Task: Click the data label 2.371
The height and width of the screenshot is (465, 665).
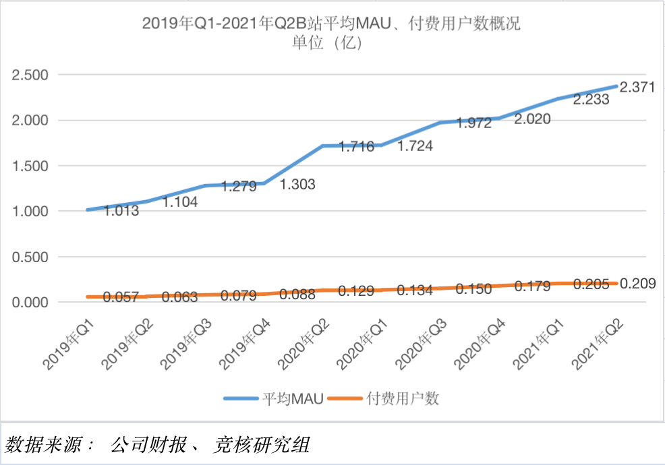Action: point(637,87)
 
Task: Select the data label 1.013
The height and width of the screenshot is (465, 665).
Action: point(121,211)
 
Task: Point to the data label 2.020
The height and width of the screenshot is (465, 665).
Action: point(532,119)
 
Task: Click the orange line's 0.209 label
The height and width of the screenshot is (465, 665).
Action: point(637,283)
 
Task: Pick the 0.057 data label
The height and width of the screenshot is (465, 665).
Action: point(121,297)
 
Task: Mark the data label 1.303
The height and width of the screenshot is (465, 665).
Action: point(297,184)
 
